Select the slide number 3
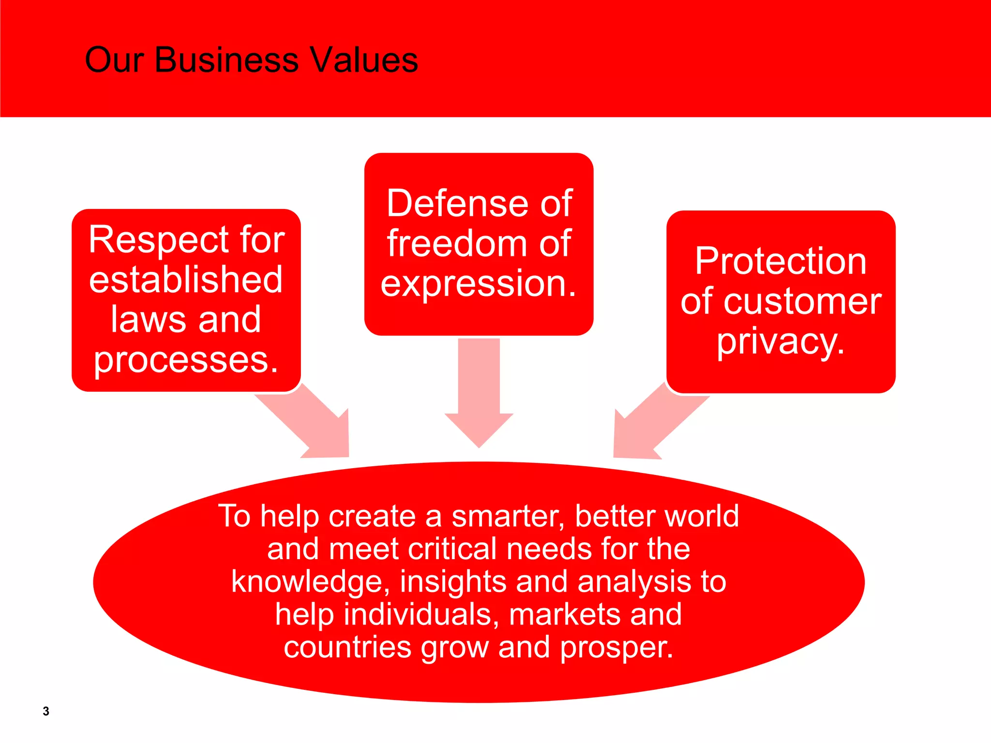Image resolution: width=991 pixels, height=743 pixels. [46, 711]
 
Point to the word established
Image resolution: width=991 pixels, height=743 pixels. [186, 280]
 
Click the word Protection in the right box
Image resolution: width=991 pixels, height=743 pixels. [781, 261]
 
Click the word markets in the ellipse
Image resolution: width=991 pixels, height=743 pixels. [565, 614]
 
